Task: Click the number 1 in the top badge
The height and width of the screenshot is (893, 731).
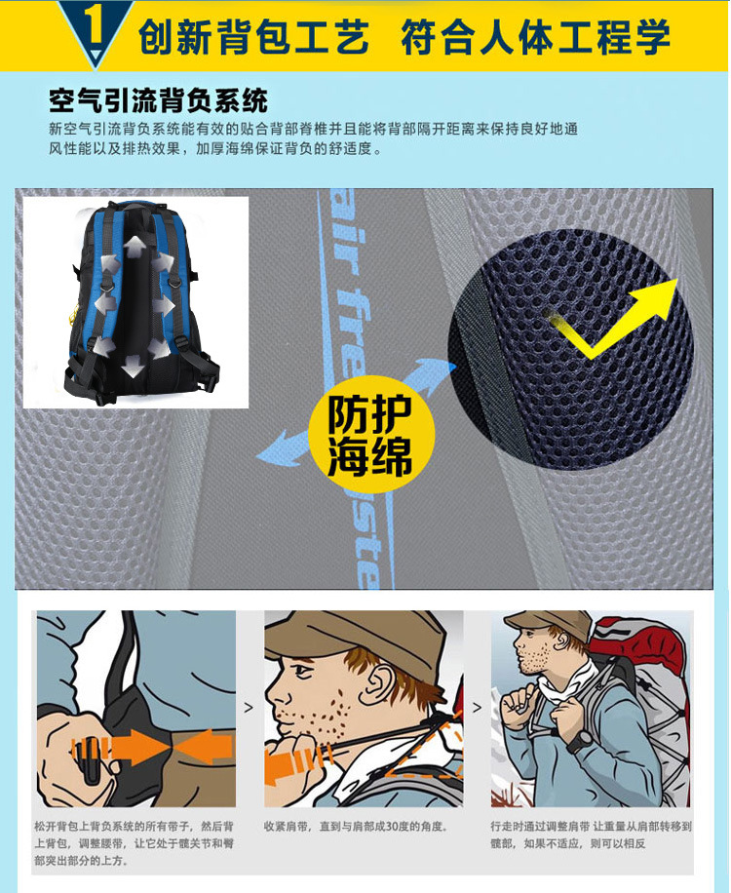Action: click(x=95, y=25)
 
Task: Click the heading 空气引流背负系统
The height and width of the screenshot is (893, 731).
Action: click(x=158, y=100)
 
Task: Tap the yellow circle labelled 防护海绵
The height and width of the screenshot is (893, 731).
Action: click(x=370, y=434)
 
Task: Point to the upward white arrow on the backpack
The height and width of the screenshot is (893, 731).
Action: click(x=135, y=248)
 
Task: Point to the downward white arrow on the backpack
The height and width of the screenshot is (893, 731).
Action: click(x=134, y=367)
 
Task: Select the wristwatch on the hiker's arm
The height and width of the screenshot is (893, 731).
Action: click(x=580, y=739)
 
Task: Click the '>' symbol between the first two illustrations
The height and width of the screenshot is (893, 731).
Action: click(x=249, y=708)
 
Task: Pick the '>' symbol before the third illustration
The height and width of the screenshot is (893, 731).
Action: click(x=477, y=708)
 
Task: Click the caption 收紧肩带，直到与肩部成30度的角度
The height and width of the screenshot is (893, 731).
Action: click(x=356, y=827)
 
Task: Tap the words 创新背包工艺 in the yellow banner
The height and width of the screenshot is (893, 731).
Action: click(x=253, y=37)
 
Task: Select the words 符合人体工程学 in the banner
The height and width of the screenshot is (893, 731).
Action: click(x=536, y=37)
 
